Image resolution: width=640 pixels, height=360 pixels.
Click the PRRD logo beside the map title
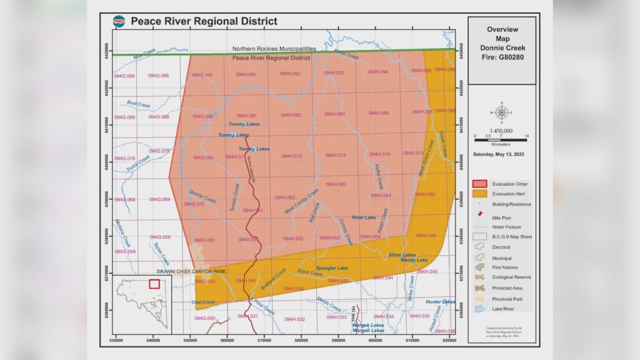tap(119, 21)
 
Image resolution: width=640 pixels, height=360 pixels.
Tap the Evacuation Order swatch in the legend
tap(480, 184)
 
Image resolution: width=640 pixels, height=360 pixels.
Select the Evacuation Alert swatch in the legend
tap(480, 194)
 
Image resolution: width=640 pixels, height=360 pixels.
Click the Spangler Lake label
tap(332, 268)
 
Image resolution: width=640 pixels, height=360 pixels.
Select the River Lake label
tap(363, 217)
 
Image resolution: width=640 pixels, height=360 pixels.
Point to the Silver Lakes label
tap(402, 254)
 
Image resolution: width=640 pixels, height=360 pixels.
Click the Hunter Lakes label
tap(440, 302)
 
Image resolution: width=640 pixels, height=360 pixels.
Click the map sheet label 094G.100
tap(202, 75)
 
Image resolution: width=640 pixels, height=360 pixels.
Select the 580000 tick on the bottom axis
tap(301, 341)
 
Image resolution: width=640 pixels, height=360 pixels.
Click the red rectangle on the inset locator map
tap(154, 283)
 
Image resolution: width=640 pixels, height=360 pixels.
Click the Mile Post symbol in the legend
tap(480, 216)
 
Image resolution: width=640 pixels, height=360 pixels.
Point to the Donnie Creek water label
tap(202, 196)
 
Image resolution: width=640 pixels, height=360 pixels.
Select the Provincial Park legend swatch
tap(480, 299)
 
